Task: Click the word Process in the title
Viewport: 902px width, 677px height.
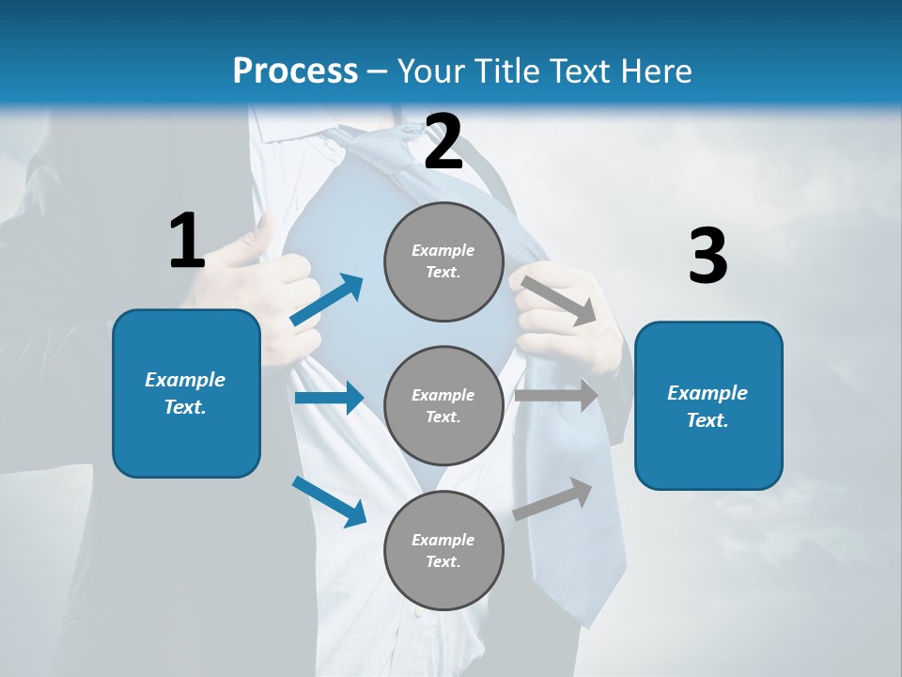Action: tap(295, 71)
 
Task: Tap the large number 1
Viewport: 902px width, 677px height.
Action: tap(187, 242)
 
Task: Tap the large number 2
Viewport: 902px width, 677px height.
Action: tap(443, 142)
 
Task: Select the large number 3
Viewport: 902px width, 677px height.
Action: tap(708, 257)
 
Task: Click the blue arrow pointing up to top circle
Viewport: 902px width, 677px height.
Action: tap(327, 300)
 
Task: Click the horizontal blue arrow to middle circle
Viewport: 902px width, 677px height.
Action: tap(329, 398)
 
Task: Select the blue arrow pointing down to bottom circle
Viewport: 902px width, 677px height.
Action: tap(329, 501)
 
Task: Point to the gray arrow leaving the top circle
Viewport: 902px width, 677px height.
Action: tap(558, 300)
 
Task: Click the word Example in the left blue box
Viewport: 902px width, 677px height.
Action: tap(185, 380)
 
